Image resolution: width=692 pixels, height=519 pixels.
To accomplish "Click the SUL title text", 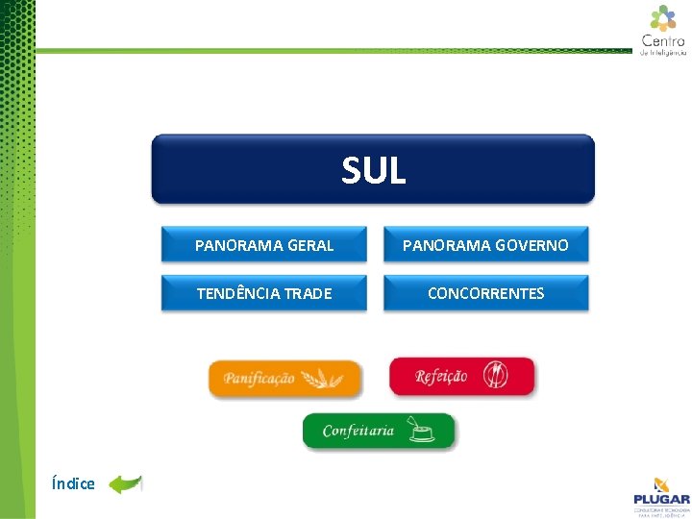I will coord(374,171).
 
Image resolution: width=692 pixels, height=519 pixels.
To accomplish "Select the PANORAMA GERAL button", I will coord(264,245).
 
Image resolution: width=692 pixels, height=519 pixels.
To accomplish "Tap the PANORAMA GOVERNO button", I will coord(485,245).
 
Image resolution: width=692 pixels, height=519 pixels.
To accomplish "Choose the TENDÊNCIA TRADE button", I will coord(264,293).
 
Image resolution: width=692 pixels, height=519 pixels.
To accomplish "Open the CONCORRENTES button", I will coord(485,293).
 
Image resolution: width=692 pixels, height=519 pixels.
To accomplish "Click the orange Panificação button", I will coord(285,378).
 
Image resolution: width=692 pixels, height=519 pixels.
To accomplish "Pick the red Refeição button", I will coord(461,376).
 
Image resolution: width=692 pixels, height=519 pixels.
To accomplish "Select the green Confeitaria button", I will coord(379,431).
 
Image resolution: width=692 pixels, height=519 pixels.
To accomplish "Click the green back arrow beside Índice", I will coord(125,483).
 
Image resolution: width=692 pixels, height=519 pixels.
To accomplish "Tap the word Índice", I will coord(74,483).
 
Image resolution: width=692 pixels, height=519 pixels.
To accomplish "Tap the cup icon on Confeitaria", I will coord(422,431).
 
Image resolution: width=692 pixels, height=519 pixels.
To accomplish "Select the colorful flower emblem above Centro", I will coord(663,17).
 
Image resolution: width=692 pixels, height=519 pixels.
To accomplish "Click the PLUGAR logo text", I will coord(661,499).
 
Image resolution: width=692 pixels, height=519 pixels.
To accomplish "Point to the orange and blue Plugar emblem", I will coord(661,484).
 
